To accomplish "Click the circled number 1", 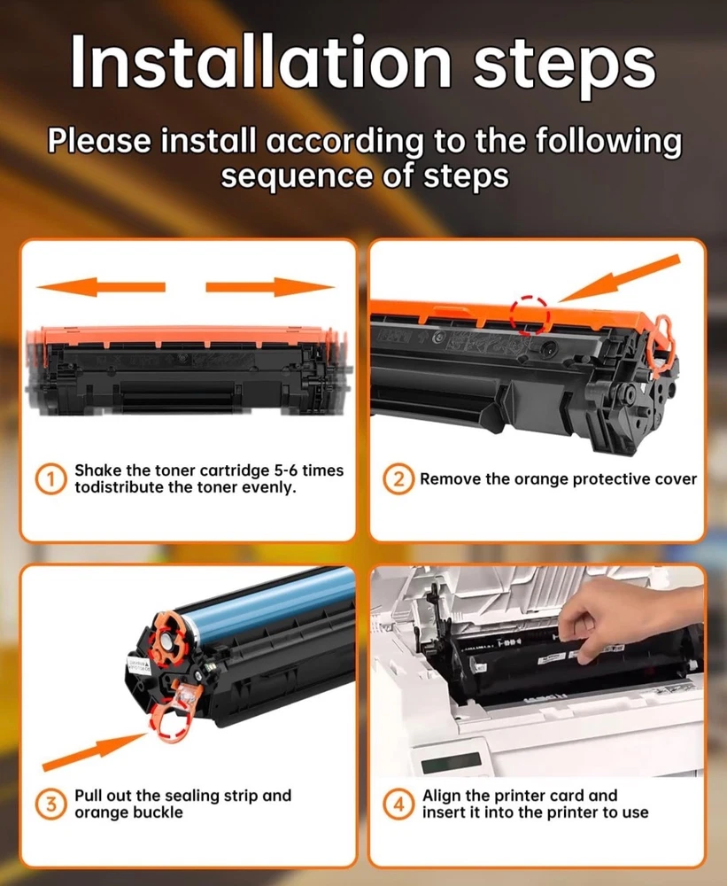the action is pos(50,479).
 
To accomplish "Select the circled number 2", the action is pos(398,479).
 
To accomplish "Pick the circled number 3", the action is pos(50,804).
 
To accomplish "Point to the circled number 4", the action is pos(399,804).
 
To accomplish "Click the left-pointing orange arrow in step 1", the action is pos(101,286).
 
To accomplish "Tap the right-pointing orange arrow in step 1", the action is pos(270,286).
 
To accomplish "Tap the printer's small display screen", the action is pos(452,762).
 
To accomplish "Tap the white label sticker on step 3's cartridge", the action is pos(139,665).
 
